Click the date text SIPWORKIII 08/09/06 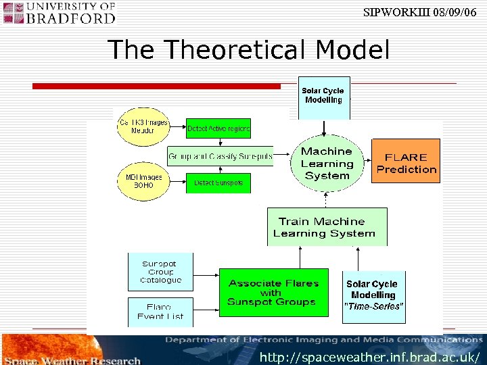click(x=424, y=12)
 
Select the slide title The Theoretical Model click(x=248, y=50)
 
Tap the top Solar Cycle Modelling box click(x=324, y=96)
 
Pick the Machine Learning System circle click(x=327, y=163)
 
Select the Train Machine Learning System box click(x=327, y=226)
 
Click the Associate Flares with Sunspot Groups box click(x=272, y=293)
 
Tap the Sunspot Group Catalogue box click(x=161, y=272)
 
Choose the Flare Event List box click(x=161, y=311)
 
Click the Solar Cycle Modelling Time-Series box click(x=373, y=294)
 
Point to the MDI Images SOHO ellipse click(x=143, y=181)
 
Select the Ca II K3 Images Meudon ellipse click(x=143, y=126)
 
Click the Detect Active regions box click(x=218, y=128)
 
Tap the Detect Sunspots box click(x=218, y=182)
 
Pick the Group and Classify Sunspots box click(x=221, y=156)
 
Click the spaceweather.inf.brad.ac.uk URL click(x=370, y=356)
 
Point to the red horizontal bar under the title click(x=157, y=86)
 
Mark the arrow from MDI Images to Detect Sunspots click(x=177, y=181)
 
